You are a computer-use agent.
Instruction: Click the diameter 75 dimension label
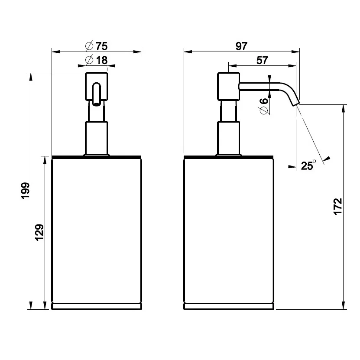(96, 46)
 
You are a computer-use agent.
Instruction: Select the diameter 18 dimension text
(96, 60)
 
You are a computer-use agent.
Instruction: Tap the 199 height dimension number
(26, 191)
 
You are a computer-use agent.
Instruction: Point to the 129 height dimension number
(39, 232)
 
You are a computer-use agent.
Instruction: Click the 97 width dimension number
(242, 46)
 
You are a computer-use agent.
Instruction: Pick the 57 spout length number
(262, 60)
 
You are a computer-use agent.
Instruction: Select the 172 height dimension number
(338, 206)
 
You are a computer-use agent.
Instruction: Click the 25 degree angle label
(308, 165)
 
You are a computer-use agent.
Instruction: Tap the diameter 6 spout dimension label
(264, 106)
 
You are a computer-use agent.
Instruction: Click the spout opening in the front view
(96, 104)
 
